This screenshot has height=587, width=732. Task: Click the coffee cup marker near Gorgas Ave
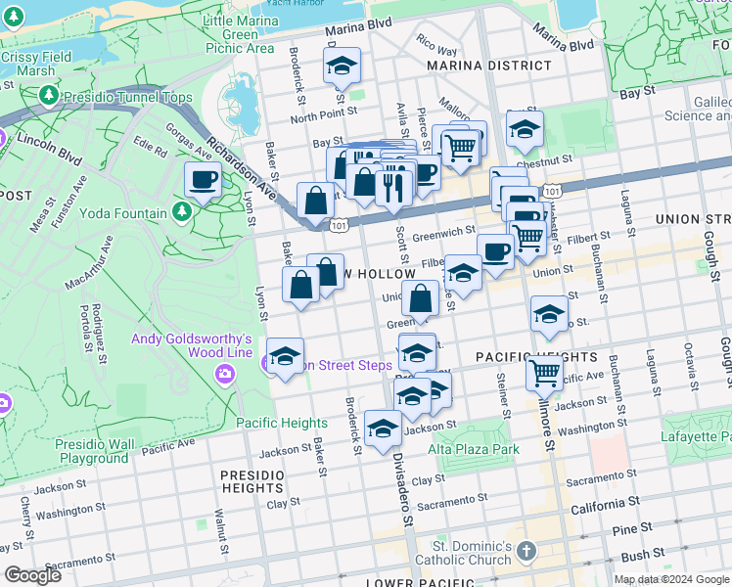pos(204,180)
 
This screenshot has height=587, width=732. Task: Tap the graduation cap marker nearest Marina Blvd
pos(342,67)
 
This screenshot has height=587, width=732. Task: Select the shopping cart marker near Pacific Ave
pos(544,372)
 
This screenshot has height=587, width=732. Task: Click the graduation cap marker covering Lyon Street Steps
pos(285,357)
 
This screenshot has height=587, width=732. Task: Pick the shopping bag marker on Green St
pos(420,299)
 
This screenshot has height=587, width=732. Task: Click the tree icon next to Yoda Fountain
pos(181,212)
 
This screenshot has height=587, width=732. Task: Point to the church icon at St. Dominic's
pos(526,550)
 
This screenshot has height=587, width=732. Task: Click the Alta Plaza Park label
pos(473,449)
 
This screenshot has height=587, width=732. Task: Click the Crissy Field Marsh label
pos(36,64)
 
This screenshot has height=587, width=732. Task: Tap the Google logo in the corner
pos(33,575)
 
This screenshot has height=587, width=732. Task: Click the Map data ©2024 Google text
pos(671,579)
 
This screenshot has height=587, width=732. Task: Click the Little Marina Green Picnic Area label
pos(239,34)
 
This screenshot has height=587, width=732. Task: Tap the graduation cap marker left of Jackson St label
pos(383,429)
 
